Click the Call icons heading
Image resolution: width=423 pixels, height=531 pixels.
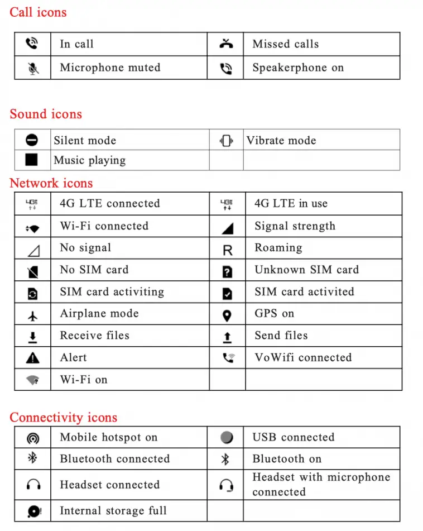tap(38, 12)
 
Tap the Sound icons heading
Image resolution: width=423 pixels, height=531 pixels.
tap(46, 114)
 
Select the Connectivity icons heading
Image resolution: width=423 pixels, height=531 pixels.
tap(63, 417)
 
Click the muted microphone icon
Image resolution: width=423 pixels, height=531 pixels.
tap(33, 68)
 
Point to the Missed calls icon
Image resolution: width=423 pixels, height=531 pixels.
tap(226, 44)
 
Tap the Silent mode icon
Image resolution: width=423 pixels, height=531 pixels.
tap(32, 140)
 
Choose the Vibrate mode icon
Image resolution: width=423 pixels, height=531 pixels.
tap(226, 141)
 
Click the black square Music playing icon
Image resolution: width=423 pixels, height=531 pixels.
tap(32, 160)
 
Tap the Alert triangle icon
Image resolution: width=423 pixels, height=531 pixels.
tap(33, 358)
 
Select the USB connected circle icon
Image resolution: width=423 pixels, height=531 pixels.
tap(226, 437)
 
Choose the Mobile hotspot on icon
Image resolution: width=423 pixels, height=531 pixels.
tap(33, 438)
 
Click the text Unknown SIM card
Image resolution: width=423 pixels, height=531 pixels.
tap(306, 270)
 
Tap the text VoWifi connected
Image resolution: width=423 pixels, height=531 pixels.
tap(303, 357)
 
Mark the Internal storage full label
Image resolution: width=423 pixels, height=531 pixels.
tap(113, 510)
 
